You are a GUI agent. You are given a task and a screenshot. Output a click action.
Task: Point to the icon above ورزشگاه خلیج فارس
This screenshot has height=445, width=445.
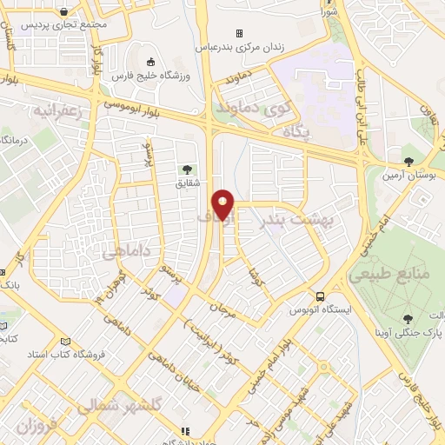click(x=152, y=62)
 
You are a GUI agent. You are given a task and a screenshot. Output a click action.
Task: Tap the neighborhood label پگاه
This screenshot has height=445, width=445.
click(x=297, y=131)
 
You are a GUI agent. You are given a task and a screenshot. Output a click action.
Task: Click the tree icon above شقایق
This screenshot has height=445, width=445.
click(x=185, y=169)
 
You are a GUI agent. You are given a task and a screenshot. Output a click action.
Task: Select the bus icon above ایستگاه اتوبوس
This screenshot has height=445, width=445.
click(x=320, y=296)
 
